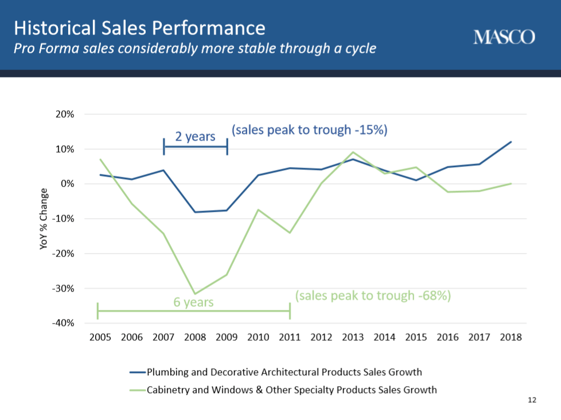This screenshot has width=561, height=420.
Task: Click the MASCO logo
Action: [x=504, y=37]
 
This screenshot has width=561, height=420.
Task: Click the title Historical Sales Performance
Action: [x=139, y=28]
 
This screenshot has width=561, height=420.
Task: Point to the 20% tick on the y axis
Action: [x=65, y=115]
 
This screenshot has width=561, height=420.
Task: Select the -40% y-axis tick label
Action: [x=63, y=323]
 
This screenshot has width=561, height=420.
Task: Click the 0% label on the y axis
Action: [x=67, y=184]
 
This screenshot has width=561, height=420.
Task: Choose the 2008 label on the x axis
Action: [x=195, y=337]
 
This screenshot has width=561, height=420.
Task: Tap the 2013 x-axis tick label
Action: [x=353, y=337]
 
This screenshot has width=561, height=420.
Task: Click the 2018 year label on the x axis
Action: [x=511, y=337]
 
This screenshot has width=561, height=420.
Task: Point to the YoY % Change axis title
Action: [x=43, y=219]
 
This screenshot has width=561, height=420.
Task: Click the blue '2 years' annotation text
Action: [x=196, y=137]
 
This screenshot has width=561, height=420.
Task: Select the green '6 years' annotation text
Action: [x=193, y=302]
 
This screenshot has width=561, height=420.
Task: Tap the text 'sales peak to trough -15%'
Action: [x=310, y=130]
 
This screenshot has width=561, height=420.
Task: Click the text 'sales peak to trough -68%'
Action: [x=373, y=296]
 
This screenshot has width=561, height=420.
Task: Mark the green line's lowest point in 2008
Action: [x=195, y=294]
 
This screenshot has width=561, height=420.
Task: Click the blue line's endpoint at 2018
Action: [x=511, y=142]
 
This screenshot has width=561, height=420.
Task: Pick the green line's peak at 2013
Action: [x=353, y=152]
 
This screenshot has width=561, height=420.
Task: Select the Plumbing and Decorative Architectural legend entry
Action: [x=276, y=372]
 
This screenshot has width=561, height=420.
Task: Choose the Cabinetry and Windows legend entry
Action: [x=283, y=390]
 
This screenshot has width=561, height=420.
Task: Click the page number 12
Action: [x=532, y=400]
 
